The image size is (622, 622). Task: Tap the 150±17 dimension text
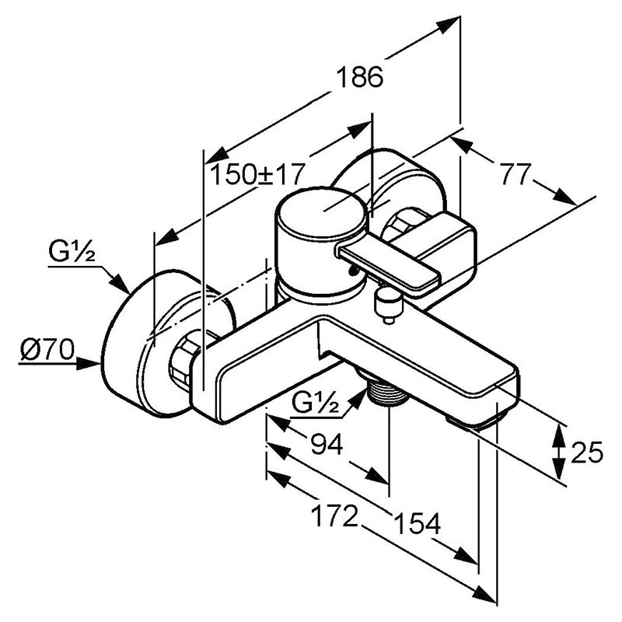point(257,173)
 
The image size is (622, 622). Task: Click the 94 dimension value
point(327,444)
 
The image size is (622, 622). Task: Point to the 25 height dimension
point(587,452)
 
